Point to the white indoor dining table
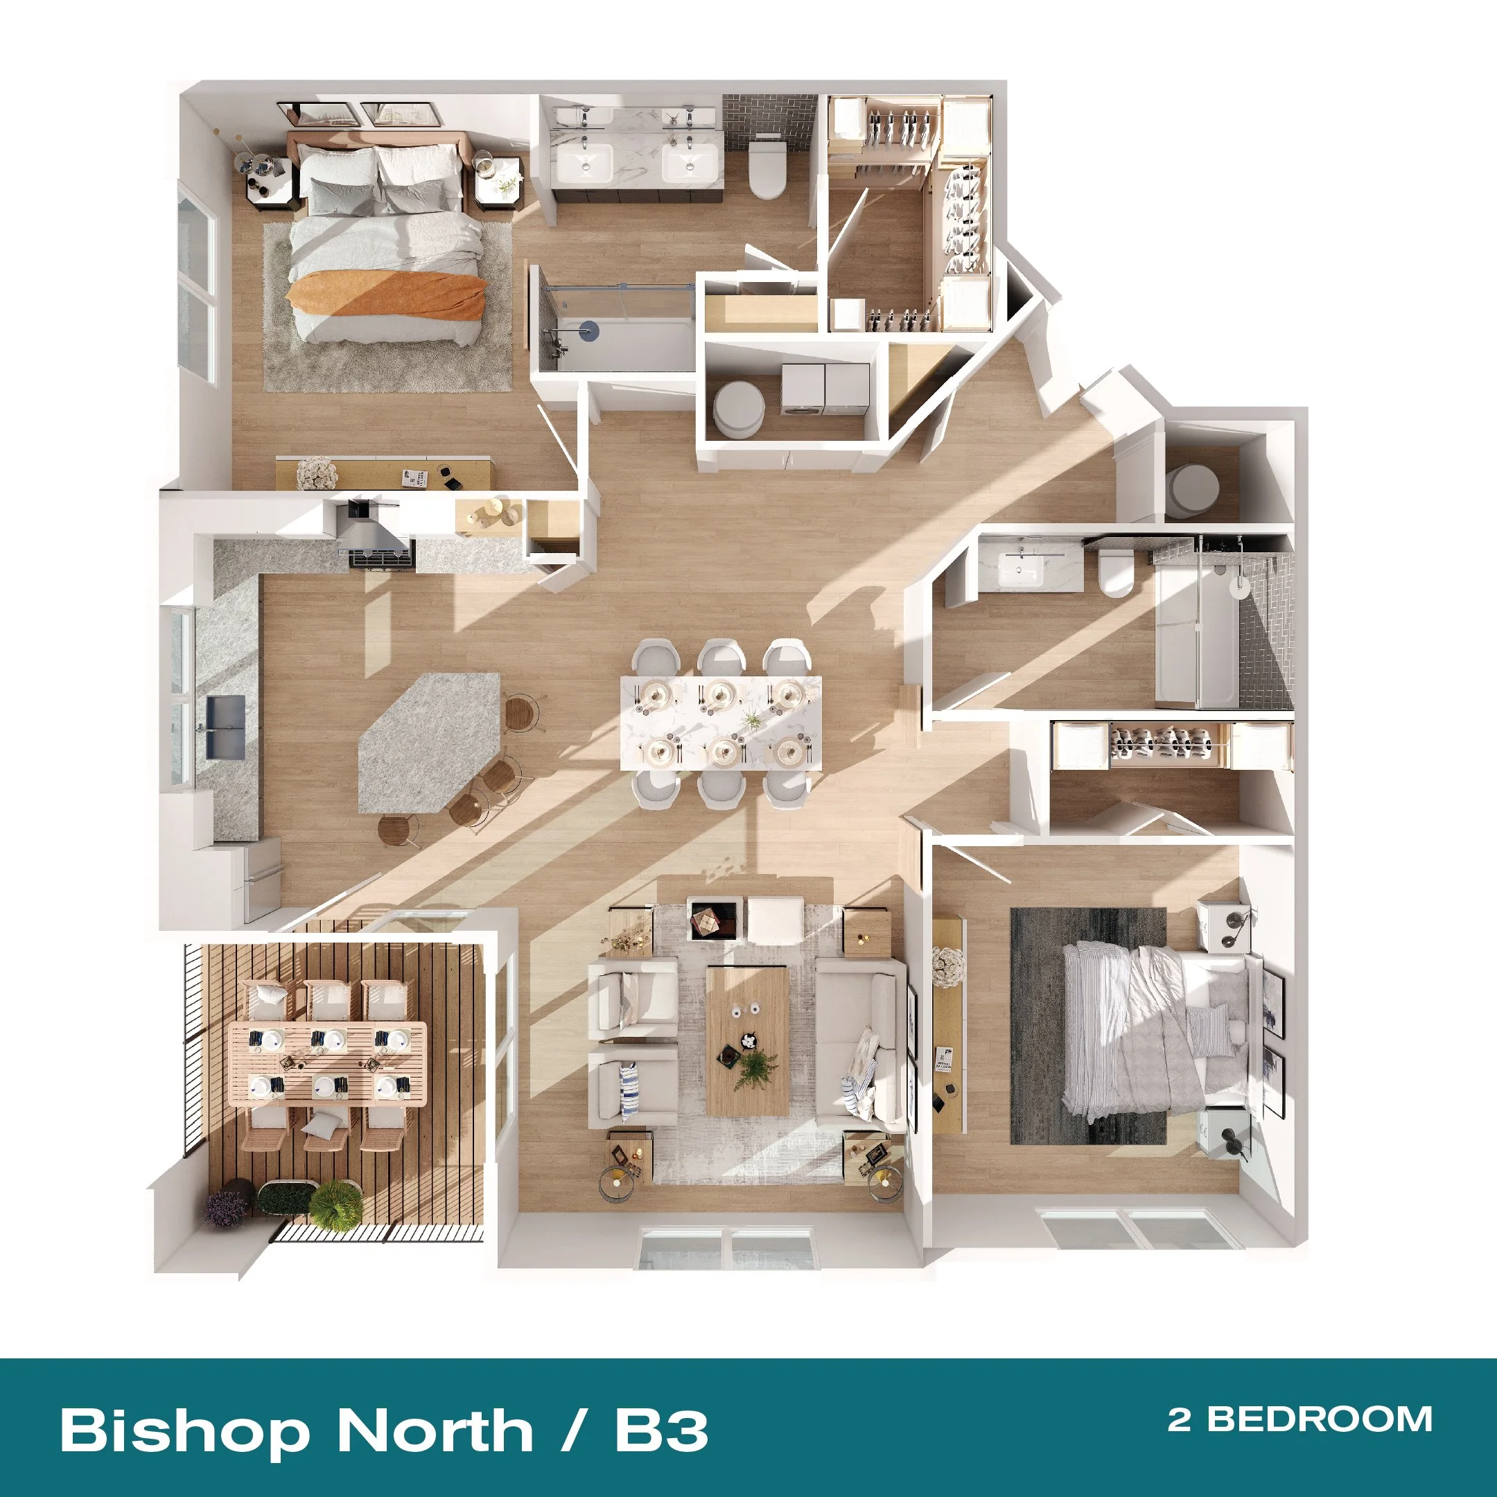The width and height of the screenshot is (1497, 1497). tap(721, 723)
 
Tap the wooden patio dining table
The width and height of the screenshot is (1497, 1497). tap(329, 1063)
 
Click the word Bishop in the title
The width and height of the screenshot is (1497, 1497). tap(185, 1430)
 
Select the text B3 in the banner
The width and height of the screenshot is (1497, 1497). tap(662, 1429)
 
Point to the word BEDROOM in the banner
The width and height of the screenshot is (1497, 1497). tap(1320, 1419)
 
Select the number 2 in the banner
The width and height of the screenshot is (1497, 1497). tap(1180, 1419)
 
